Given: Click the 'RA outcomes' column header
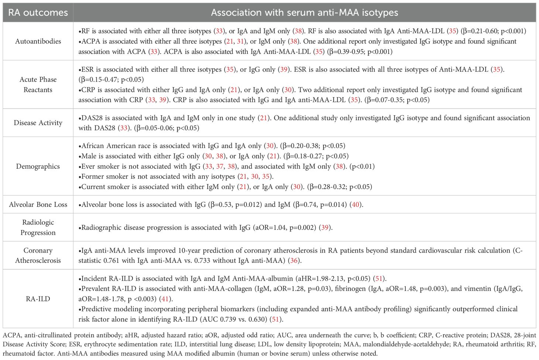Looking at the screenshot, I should coord(38,13).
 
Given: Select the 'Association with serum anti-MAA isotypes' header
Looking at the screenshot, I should coord(304,13).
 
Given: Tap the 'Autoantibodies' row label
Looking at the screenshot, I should coord(38,41).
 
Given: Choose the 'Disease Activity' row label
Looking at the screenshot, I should coord(38,123).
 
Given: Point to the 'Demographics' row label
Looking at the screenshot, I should coord(38,166).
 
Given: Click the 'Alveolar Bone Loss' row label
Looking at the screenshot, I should coord(38,205).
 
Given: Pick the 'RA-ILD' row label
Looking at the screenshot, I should coord(38,299).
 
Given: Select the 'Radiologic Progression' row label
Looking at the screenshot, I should coord(38,227).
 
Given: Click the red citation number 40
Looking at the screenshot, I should coord(356,205).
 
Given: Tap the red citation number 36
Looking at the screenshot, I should coord(294,261).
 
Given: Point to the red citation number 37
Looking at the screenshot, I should coord(220,167).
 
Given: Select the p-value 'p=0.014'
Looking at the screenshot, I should coord(332,205).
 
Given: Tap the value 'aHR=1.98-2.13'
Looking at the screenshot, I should coord(320,278).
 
